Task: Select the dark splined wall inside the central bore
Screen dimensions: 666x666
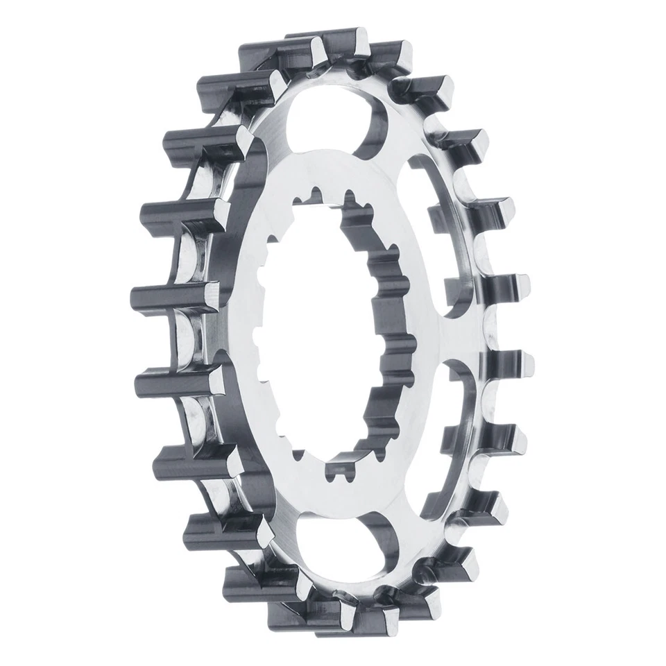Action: [x=388, y=326]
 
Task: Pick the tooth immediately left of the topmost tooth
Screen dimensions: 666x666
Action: [x=271, y=52]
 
